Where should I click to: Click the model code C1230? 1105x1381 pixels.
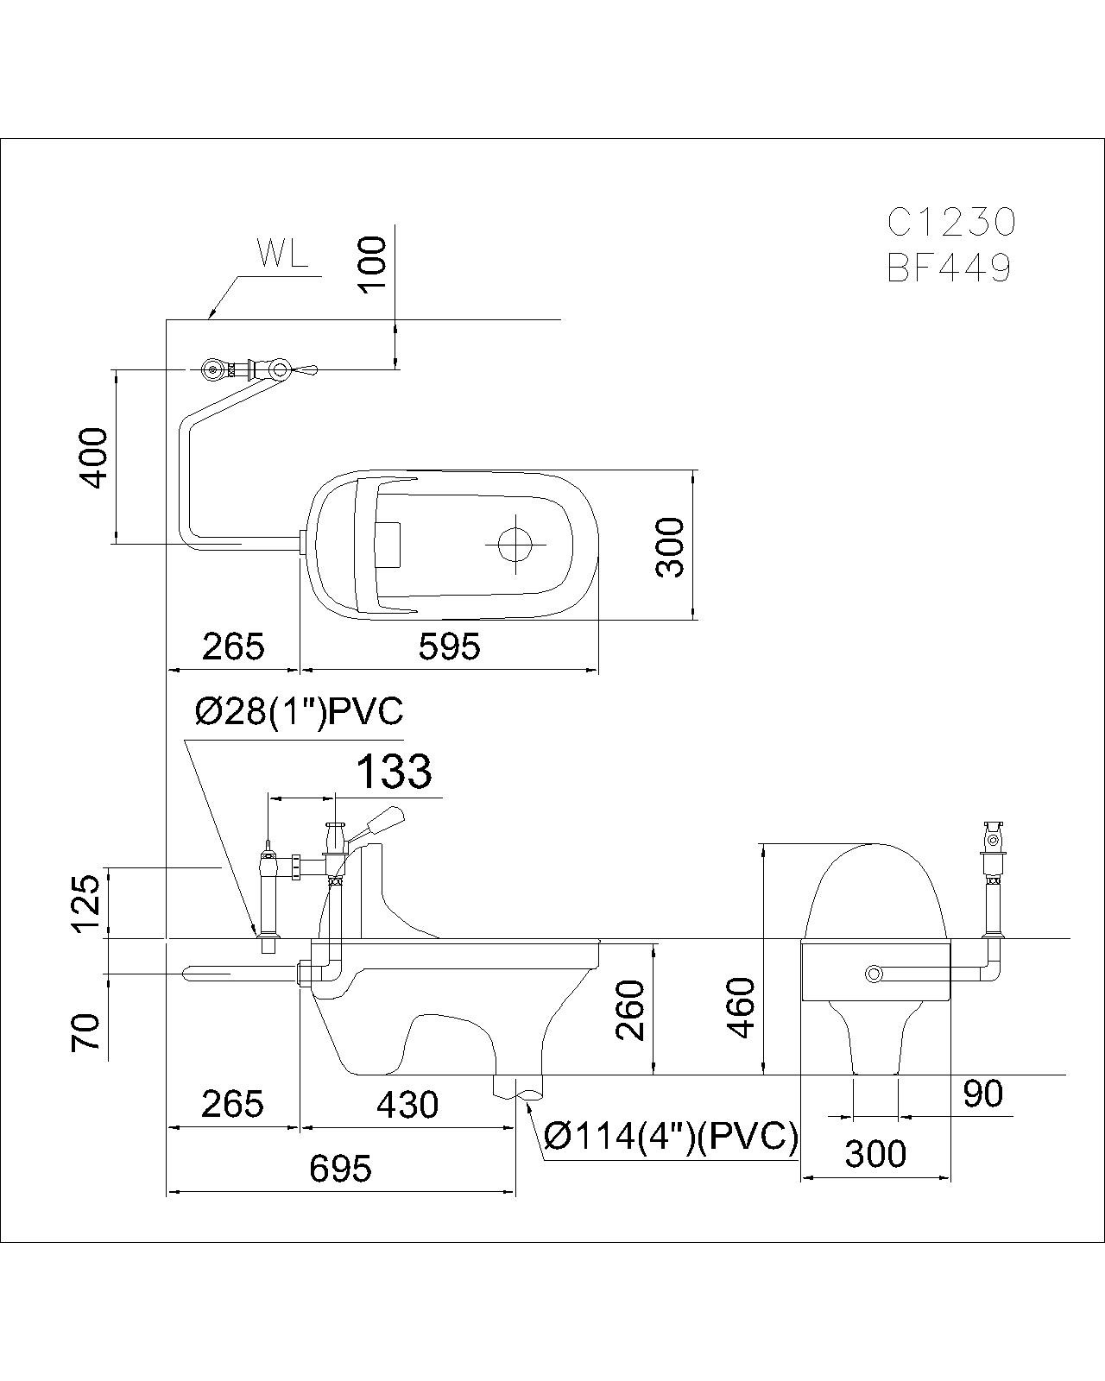click(x=951, y=223)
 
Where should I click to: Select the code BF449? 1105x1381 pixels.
click(x=949, y=269)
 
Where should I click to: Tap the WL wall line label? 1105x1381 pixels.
click(x=281, y=255)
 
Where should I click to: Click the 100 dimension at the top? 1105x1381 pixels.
click(x=373, y=265)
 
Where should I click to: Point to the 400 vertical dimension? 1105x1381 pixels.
click(x=95, y=457)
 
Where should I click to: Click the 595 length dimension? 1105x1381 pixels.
click(x=449, y=646)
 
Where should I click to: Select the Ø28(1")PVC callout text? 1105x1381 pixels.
click(x=299, y=712)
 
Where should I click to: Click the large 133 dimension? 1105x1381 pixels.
click(x=394, y=771)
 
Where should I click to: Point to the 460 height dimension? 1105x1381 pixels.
click(x=742, y=1008)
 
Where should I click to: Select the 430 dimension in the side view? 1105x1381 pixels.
click(x=407, y=1105)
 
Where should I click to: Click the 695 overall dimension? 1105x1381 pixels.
click(x=340, y=1169)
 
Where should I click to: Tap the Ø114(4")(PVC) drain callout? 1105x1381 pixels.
click(x=671, y=1138)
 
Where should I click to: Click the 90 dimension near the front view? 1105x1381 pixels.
click(x=983, y=1094)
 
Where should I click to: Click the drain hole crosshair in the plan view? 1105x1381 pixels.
click(x=516, y=544)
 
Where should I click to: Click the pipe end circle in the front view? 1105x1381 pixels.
click(x=875, y=974)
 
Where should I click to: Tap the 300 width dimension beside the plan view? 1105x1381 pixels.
click(x=670, y=546)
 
